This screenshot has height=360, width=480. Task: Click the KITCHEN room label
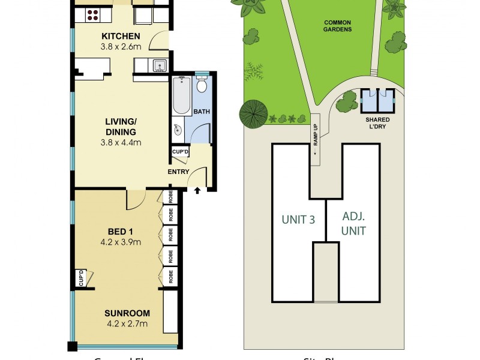121,36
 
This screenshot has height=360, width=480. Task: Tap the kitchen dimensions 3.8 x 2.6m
121,46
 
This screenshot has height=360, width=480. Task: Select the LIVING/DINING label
119,127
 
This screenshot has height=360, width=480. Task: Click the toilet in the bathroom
202,85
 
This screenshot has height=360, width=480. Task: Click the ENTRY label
179,172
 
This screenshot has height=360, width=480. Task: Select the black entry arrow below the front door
198,191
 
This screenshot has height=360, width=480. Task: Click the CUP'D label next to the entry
181,152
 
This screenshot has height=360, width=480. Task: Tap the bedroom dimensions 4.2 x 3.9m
121,242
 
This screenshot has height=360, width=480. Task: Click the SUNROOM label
126,313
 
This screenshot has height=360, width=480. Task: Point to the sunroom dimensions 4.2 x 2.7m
126,324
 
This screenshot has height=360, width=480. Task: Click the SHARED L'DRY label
378,122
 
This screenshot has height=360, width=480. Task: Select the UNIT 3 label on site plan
298,220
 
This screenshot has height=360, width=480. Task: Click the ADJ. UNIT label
354,223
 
